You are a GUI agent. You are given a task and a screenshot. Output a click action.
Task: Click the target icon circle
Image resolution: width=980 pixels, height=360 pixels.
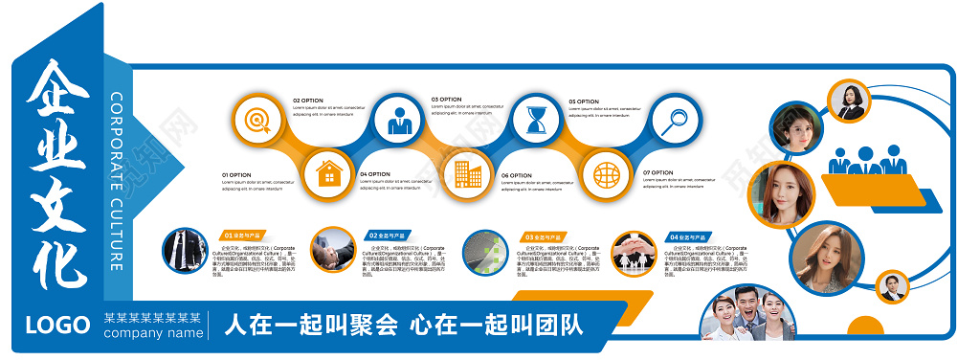point(256,120)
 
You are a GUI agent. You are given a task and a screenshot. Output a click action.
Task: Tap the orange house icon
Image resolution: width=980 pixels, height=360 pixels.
point(329,172)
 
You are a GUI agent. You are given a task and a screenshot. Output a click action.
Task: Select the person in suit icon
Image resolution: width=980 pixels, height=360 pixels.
point(399,121)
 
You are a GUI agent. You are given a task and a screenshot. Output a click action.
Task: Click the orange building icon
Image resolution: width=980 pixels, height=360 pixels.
point(468,173)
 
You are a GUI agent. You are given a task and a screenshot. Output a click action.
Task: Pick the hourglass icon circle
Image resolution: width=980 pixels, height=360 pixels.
point(536,121)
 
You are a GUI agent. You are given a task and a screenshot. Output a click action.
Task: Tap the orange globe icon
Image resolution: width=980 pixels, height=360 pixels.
point(606,173)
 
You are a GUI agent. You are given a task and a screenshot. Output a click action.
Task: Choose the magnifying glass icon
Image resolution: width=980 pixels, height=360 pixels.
point(676,121)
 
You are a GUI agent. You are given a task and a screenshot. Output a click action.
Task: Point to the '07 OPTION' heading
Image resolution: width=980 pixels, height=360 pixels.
point(658,173)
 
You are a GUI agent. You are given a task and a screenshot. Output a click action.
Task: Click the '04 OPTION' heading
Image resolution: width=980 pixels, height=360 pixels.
point(375,174)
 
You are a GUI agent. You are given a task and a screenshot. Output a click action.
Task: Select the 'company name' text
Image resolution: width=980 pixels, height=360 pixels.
point(153,333)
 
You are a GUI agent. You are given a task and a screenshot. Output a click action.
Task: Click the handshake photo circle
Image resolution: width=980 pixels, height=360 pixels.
point(332,250)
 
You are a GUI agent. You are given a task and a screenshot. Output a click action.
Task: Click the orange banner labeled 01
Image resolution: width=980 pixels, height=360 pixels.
point(245,235)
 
